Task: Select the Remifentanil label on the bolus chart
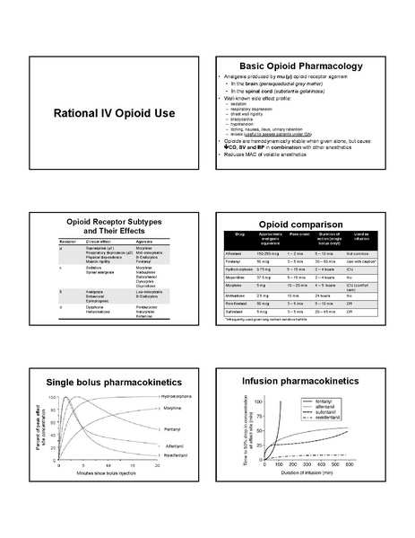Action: [181, 458]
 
